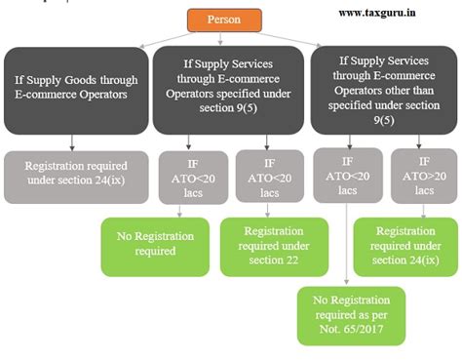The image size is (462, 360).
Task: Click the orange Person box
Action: click(223, 20)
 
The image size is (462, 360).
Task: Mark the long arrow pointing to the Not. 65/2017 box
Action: click(349, 244)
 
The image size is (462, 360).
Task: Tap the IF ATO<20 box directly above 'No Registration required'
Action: click(191, 175)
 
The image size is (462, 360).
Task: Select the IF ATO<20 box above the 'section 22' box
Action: click(267, 175)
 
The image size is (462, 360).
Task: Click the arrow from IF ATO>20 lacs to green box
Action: click(419, 209)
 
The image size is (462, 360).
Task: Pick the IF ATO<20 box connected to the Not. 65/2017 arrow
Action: click(347, 175)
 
